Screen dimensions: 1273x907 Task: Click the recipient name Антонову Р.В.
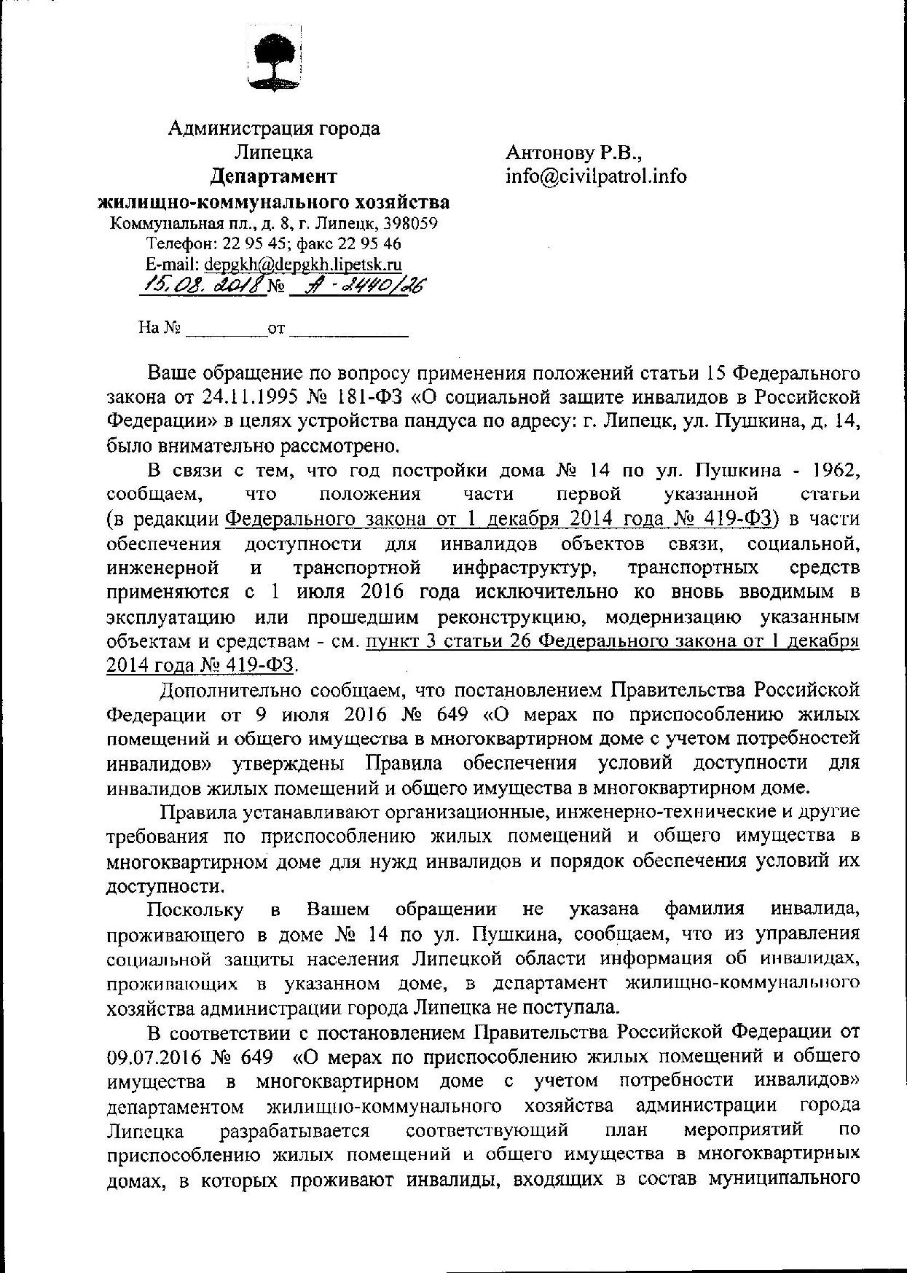coord(574,152)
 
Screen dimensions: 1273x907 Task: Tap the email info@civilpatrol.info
coord(596,176)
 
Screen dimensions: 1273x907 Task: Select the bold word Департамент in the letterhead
coord(274,177)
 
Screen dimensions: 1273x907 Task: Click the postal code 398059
coord(411,224)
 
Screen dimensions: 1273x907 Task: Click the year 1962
coord(833,470)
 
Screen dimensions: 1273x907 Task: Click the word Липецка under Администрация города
coord(274,152)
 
